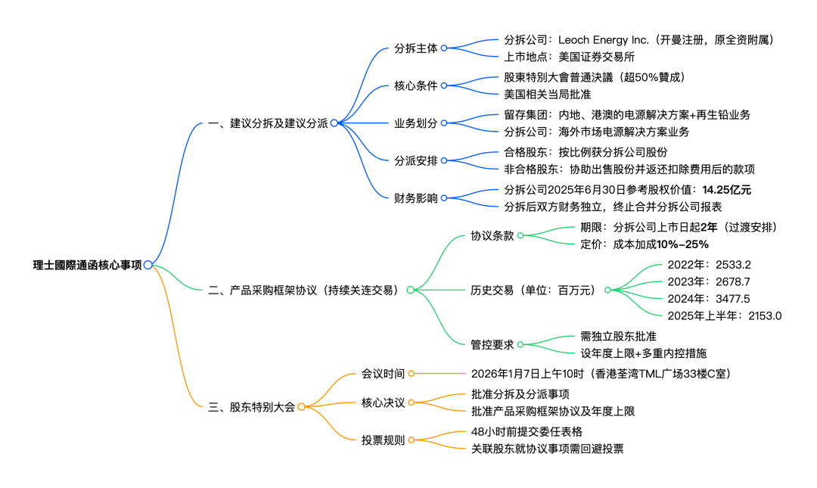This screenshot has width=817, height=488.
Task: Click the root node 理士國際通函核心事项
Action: (x=87, y=265)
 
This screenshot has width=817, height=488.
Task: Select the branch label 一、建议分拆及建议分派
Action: (x=268, y=123)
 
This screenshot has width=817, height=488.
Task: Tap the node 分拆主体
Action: (x=415, y=48)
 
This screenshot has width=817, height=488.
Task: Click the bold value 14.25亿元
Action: (x=726, y=190)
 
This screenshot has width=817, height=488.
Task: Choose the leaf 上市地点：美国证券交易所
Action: (x=569, y=56)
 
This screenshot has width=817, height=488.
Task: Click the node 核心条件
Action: (x=415, y=85)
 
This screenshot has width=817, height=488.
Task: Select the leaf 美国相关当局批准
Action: (x=547, y=95)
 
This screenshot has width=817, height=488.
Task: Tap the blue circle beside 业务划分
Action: (x=444, y=123)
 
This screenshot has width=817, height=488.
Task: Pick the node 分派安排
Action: (x=415, y=160)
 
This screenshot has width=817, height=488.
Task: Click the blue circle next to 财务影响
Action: (x=444, y=198)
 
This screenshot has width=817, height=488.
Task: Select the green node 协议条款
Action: (x=492, y=235)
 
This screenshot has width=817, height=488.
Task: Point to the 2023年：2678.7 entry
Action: (x=709, y=281)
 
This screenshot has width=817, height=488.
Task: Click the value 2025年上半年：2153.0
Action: (x=724, y=315)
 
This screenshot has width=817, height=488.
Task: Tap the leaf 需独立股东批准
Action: (x=618, y=336)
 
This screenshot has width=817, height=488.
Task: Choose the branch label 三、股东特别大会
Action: (x=251, y=407)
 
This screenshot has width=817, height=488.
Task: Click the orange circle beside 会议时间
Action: (x=412, y=374)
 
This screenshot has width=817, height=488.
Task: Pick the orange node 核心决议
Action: (x=383, y=403)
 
